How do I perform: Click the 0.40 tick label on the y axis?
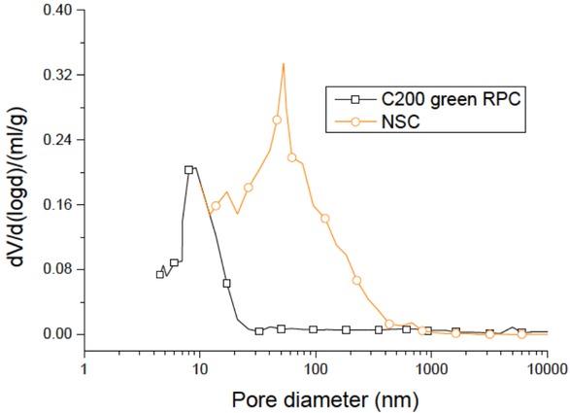coord(59,11)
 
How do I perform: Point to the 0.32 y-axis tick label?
coord(59,75)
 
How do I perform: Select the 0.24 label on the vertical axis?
coord(59,140)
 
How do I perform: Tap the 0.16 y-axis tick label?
coord(59,205)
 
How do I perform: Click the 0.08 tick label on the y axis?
coord(59,269)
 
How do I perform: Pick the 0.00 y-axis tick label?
coord(59,334)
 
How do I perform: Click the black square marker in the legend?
coord(355,99)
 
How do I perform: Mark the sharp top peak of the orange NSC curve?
coord(284,64)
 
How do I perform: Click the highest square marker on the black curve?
coord(189,169)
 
